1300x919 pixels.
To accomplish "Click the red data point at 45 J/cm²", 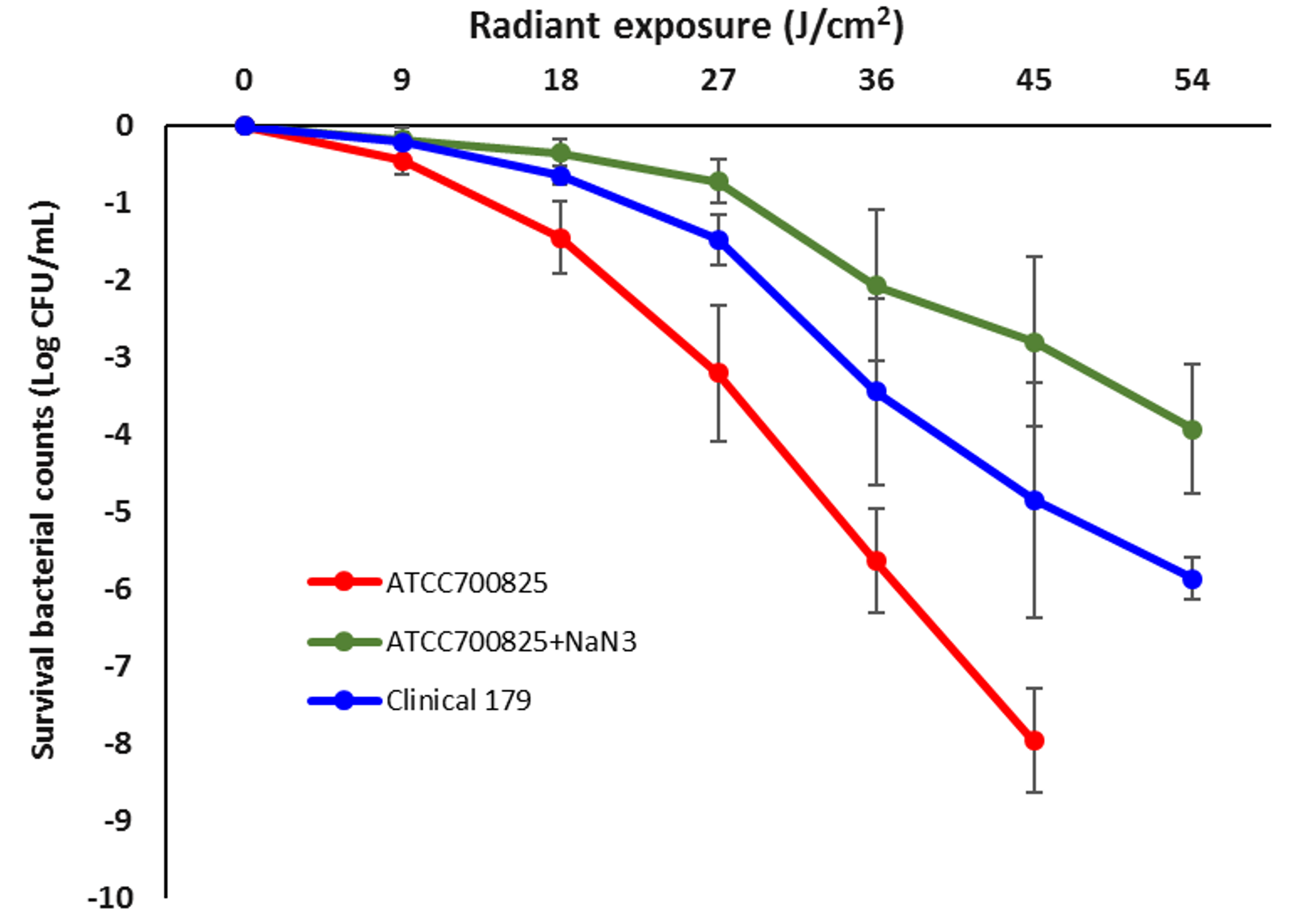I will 1034,740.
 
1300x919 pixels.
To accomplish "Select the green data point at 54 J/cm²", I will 1192,430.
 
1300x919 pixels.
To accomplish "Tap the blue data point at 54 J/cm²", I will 1192,579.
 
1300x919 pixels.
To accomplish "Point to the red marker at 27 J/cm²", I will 718,373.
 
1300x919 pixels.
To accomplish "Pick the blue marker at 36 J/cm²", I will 877,391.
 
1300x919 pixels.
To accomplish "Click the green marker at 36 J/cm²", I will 877,286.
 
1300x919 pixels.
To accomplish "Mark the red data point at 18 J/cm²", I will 560,238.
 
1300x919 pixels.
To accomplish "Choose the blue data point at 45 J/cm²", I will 1034,500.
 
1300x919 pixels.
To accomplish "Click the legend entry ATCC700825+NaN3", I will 511,642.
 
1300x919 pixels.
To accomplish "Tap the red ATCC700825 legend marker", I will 344,582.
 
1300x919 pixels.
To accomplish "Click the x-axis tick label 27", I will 718,80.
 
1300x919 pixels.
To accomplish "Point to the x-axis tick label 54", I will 1192,80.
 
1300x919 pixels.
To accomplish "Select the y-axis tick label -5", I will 119,512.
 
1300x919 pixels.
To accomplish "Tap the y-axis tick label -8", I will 119,744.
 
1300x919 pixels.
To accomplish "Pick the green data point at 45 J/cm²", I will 1034,342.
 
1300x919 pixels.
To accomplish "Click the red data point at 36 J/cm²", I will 877,561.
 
